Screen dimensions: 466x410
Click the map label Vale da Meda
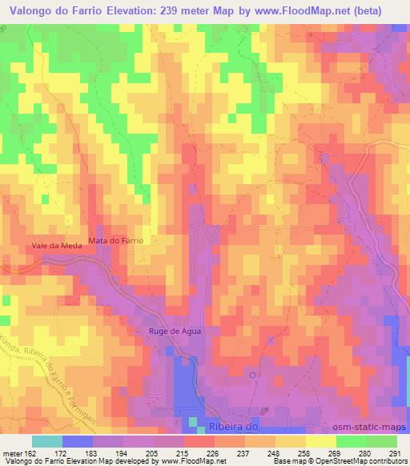pos(56,246)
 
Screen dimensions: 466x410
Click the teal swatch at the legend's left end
pos(46,441)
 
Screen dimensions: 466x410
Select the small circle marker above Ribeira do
pos(253,373)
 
